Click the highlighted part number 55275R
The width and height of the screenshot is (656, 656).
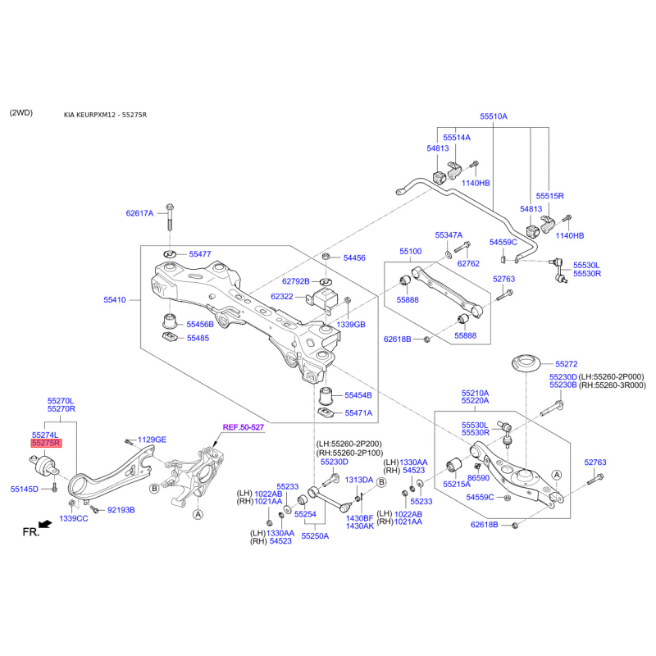coord(46,443)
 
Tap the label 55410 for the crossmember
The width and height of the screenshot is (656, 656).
coord(115,299)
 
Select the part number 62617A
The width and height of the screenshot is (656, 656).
coord(139,213)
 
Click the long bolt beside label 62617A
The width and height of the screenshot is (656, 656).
coord(170,216)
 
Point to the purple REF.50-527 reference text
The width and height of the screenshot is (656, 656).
coord(243,427)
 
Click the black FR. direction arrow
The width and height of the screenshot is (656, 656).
coord(45,524)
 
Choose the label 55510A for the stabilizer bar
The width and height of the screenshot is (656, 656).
coord(494,116)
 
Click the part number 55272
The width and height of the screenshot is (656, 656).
coord(567,364)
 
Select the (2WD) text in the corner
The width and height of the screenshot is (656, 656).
coord(21,113)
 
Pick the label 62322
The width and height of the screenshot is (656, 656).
coord(282,297)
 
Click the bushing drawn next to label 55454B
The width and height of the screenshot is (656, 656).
coord(326,396)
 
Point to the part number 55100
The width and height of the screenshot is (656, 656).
coord(411,252)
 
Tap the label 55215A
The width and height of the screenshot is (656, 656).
coord(457,485)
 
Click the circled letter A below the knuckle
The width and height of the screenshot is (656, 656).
coord(198,514)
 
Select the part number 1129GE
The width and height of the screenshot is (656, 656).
coord(152,440)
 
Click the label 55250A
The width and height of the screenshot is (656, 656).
coord(315,536)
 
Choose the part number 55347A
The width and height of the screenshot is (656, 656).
coord(449,235)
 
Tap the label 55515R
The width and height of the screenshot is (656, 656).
coord(549,196)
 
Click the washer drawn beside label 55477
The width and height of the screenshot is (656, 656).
coord(170,254)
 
